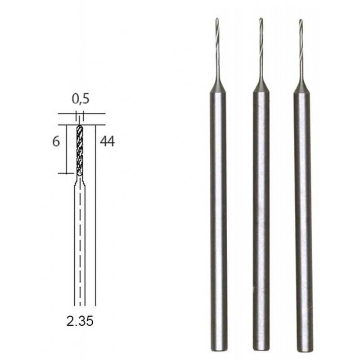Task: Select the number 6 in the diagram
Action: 56,141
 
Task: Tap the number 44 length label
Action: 107,141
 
